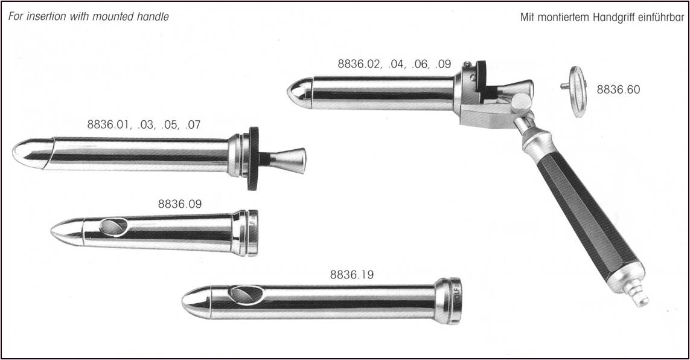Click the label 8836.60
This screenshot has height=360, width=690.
[x=618, y=90]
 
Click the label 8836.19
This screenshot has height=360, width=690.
[x=351, y=275]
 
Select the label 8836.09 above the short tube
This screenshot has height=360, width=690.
[x=179, y=204]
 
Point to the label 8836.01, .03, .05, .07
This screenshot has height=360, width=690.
[x=144, y=125]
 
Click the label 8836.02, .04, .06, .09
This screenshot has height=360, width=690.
[x=394, y=64]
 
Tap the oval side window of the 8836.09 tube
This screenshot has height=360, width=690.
[x=113, y=227]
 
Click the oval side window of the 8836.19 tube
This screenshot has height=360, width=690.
[x=246, y=294]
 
